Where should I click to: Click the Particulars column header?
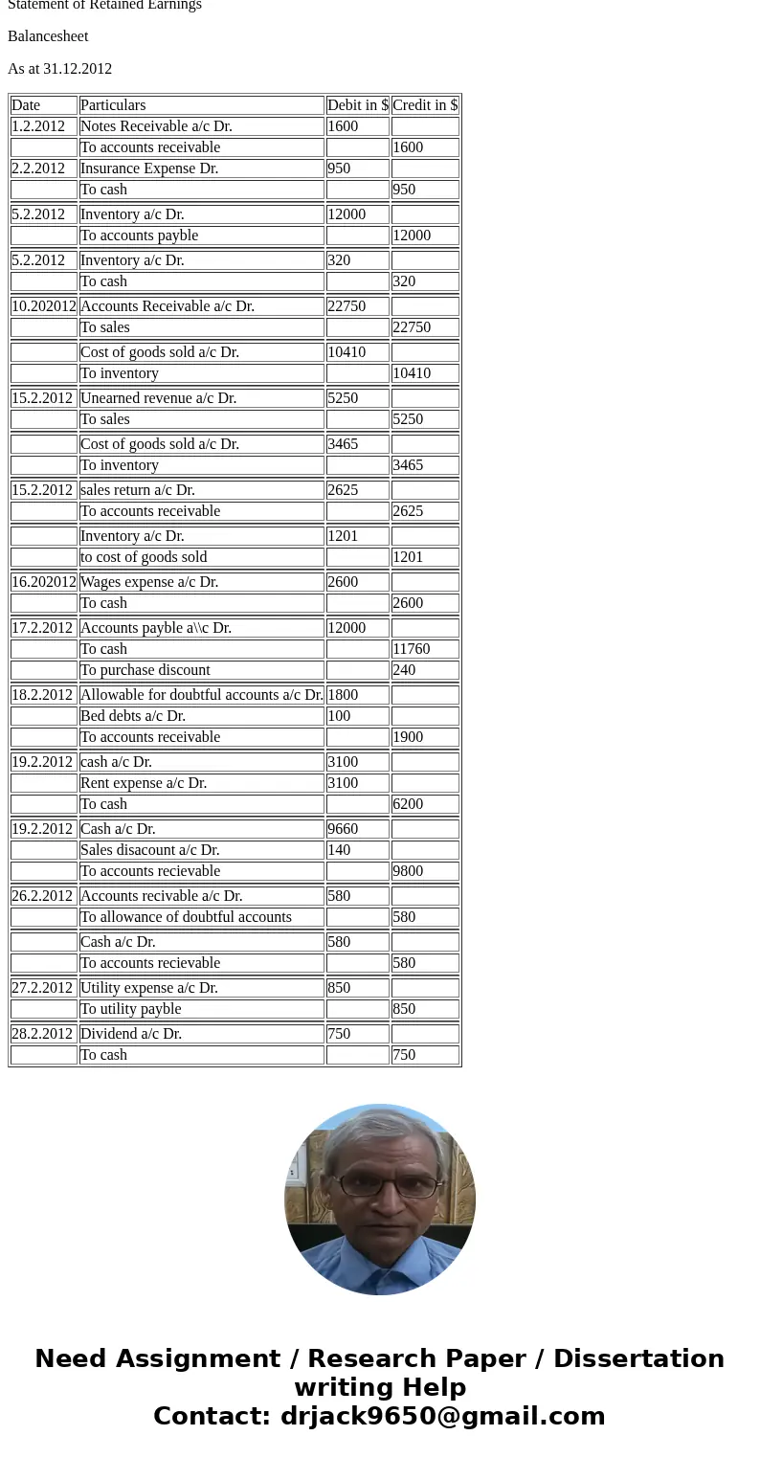[x=113, y=105]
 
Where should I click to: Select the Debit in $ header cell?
[x=357, y=105]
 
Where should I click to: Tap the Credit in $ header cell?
[x=425, y=105]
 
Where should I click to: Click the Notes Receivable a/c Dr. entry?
[x=156, y=126]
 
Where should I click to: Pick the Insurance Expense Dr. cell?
[x=149, y=168]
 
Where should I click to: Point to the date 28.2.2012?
[x=42, y=1034]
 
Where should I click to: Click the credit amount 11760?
[x=412, y=649]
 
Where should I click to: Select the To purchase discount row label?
[x=145, y=670]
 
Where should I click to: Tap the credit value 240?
[x=404, y=670]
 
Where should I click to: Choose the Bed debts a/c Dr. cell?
[x=133, y=716]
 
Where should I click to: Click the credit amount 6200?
[x=408, y=804]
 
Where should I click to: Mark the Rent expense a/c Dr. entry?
[x=144, y=783]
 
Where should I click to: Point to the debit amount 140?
[x=339, y=850]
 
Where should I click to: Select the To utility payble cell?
[x=130, y=1009]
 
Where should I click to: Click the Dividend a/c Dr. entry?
[x=131, y=1034]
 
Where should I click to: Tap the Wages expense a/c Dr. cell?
[x=149, y=582]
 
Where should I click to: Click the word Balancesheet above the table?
[x=48, y=36]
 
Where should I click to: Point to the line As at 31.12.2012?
[x=59, y=69]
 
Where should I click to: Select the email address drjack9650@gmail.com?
[x=442, y=1416]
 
